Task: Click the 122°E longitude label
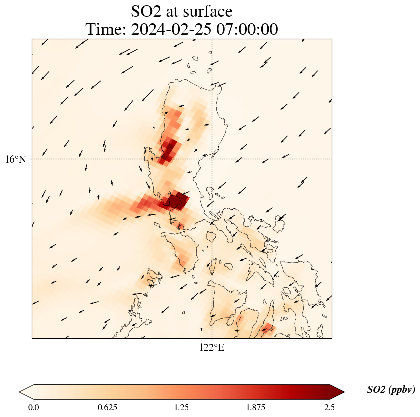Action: (212, 347)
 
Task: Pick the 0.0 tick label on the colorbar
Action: (34, 407)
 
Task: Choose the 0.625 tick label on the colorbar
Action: (108, 407)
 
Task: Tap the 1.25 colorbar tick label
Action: (182, 407)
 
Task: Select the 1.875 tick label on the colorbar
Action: (256, 407)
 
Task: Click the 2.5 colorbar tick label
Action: (330, 407)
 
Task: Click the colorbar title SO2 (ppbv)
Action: (391, 390)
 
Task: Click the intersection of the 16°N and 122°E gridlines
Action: (212, 159)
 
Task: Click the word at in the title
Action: (177, 11)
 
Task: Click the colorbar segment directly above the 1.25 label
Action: (182, 392)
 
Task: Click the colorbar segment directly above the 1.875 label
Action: (256, 392)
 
